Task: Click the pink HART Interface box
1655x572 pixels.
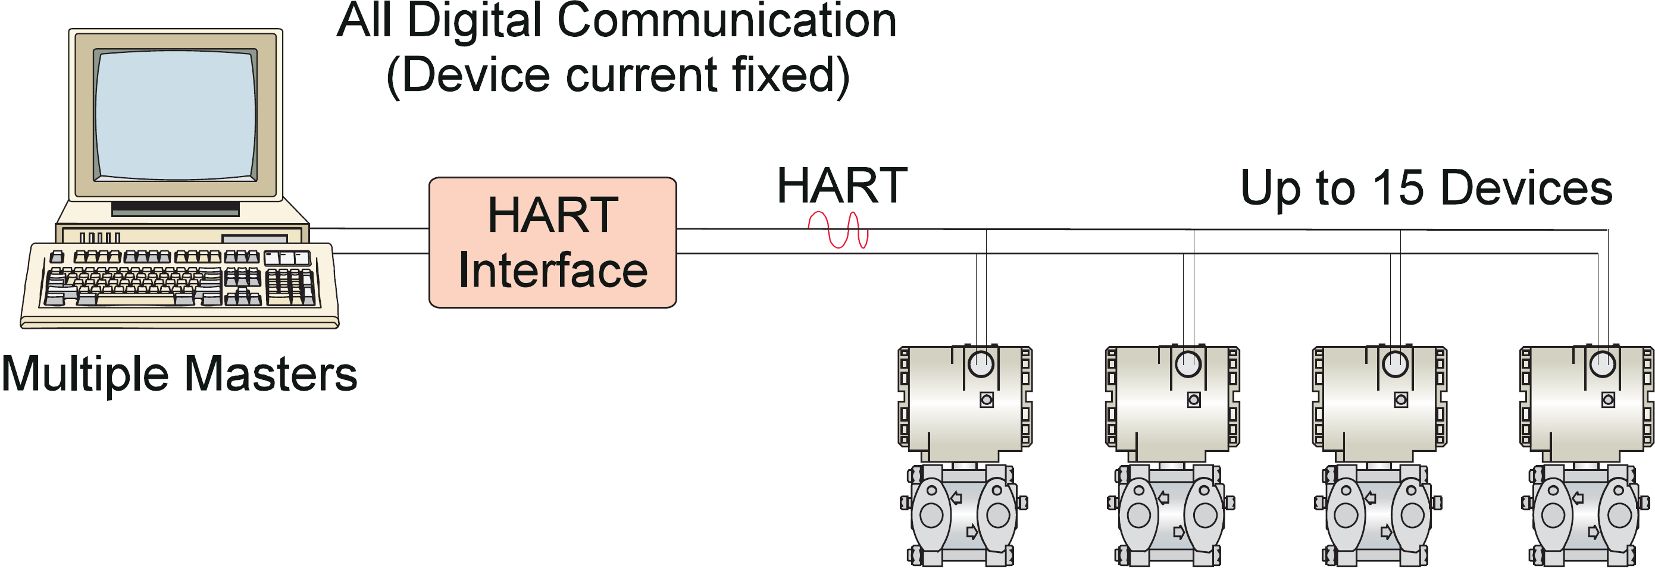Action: [x=552, y=242]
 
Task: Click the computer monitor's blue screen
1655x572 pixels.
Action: [x=176, y=115]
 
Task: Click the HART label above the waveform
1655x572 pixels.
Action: [x=841, y=186]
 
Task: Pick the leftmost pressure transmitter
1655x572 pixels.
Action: [x=963, y=456]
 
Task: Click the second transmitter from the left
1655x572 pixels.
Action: [x=1171, y=456]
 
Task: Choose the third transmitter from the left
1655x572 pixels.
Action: [x=1379, y=456]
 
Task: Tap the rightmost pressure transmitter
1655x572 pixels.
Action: [x=1585, y=456]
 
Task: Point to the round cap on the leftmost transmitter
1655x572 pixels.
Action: [x=980, y=364]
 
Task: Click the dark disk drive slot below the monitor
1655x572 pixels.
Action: [x=175, y=208]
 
